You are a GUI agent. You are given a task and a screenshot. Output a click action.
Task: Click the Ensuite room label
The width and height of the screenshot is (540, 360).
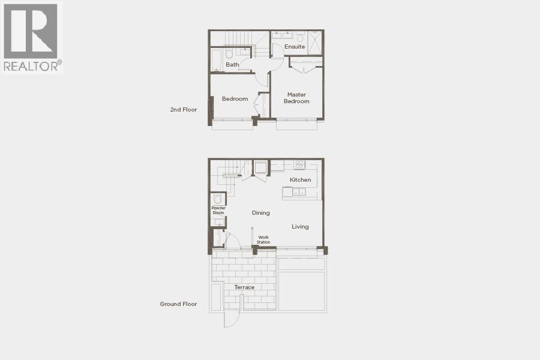click(295, 47)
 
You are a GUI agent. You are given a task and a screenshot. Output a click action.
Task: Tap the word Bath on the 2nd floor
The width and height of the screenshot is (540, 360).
click(232, 65)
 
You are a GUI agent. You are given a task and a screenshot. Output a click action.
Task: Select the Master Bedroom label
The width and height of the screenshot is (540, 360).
click(296, 98)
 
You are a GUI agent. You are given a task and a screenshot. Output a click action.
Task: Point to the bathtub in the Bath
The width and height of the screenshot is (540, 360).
click(216, 60)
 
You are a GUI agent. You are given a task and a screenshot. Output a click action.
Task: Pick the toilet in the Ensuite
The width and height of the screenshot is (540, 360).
click(300, 38)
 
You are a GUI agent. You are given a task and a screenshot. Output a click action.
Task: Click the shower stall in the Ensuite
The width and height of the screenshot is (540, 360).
click(315, 43)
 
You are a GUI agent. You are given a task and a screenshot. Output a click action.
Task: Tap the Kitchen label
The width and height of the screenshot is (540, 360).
click(300, 180)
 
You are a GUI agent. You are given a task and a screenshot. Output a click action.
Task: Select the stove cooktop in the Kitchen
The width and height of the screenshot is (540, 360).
click(299, 164)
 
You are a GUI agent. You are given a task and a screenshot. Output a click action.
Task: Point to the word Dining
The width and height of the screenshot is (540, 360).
click(260, 213)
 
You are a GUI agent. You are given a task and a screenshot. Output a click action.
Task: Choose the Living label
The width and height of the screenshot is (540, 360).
click(300, 227)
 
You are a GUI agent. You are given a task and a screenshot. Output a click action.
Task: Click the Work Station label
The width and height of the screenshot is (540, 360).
click(263, 240)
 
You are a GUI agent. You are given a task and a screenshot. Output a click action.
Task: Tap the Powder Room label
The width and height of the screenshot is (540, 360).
click(218, 211)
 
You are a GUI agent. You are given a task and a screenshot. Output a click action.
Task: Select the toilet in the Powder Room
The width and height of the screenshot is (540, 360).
click(218, 199)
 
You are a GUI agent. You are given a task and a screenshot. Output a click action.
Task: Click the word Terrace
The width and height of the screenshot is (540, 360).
click(244, 287)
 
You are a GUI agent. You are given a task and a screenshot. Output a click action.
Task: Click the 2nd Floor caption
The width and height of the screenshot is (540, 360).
click(183, 110)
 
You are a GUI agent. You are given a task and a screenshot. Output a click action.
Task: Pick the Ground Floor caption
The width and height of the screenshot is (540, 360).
click(178, 304)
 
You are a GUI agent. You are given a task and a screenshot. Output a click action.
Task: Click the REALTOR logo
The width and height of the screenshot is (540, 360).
click(32, 37)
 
